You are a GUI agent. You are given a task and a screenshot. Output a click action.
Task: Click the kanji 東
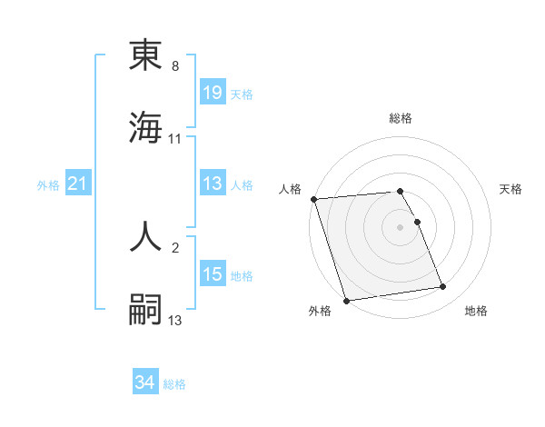(145, 56)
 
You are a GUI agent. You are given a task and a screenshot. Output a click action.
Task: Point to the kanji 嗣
(145, 310)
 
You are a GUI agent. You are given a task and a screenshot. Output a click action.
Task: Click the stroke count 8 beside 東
(175, 66)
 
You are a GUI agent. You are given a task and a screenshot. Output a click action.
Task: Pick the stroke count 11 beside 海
(175, 139)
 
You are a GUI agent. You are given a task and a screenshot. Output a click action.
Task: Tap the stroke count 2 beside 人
(175, 246)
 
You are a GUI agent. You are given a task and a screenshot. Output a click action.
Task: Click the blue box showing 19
(213, 92)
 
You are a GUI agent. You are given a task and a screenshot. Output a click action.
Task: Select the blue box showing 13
(213, 184)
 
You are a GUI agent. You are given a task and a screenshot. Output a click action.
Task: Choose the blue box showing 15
(213, 274)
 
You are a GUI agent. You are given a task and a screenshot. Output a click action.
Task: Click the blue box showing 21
(78, 184)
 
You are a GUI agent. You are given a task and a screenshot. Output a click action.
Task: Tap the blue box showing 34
(145, 383)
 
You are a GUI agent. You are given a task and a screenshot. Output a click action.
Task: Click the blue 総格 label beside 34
(174, 384)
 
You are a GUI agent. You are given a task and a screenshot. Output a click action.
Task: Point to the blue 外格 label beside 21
(48, 185)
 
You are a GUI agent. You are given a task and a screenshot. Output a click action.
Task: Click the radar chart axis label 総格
(401, 119)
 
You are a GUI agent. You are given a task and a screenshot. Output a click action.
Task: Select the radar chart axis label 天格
(511, 189)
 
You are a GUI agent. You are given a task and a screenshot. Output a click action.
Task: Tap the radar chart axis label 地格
(476, 311)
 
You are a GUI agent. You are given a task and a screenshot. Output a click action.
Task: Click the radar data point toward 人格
(313, 199)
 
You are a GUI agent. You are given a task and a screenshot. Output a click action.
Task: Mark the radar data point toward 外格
(346, 300)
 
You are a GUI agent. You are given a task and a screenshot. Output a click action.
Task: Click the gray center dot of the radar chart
(401, 226)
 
